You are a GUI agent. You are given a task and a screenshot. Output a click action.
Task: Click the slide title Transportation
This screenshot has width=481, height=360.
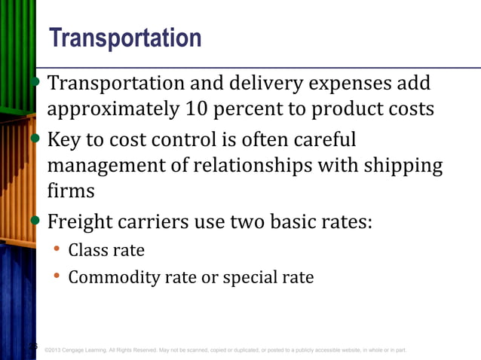click(x=124, y=38)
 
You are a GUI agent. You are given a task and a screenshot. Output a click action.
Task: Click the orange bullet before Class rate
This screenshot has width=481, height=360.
click(x=57, y=249)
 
